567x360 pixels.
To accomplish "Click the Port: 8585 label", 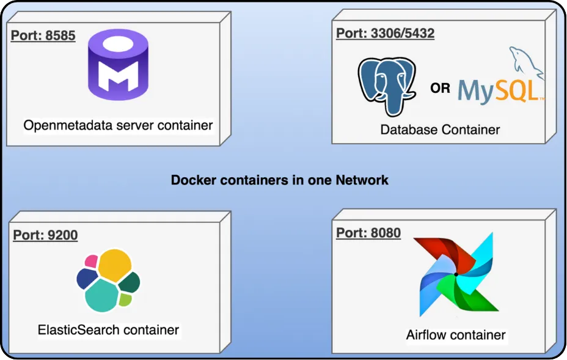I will click(x=43, y=35).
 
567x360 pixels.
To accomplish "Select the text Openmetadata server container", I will click(x=118, y=125).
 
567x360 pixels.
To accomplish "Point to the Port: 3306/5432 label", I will click(x=385, y=33).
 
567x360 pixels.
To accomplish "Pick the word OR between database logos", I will click(x=440, y=88).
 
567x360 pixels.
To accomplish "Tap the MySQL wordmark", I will click(x=498, y=90).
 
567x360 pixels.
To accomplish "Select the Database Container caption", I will click(x=440, y=130).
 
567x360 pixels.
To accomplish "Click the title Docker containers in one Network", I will click(x=279, y=180).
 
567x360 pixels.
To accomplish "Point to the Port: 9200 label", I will click(x=45, y=235).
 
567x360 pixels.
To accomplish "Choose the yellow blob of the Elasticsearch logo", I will click(x=115, y=265).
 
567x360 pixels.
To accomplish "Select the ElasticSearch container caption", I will click(x=108, y=330).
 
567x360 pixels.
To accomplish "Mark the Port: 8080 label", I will click(x=368, y=233).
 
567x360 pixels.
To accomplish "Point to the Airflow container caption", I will click(x=456, y=335).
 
